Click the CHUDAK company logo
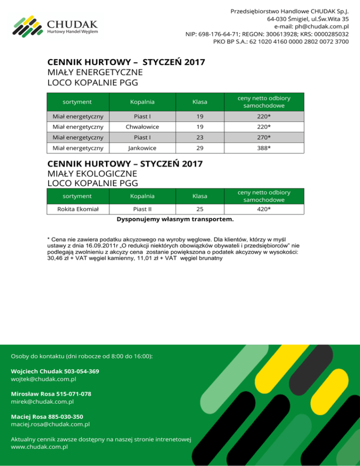[x=55, y=27]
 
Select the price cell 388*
[x=263, y=148]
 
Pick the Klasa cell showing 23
[x=200, y=137]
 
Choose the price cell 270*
[x=263, y=137]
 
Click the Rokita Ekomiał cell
[x=78, y=209]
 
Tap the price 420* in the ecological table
[x=263, y=209]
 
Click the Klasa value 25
[x=200, y=209]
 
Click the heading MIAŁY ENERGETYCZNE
[x=95, y=72]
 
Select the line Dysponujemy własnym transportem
[x=175, y=219]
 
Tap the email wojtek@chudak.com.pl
[x=43, y=379]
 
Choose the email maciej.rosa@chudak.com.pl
[x=50, y=424]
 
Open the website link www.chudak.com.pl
[x=39, y=447]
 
